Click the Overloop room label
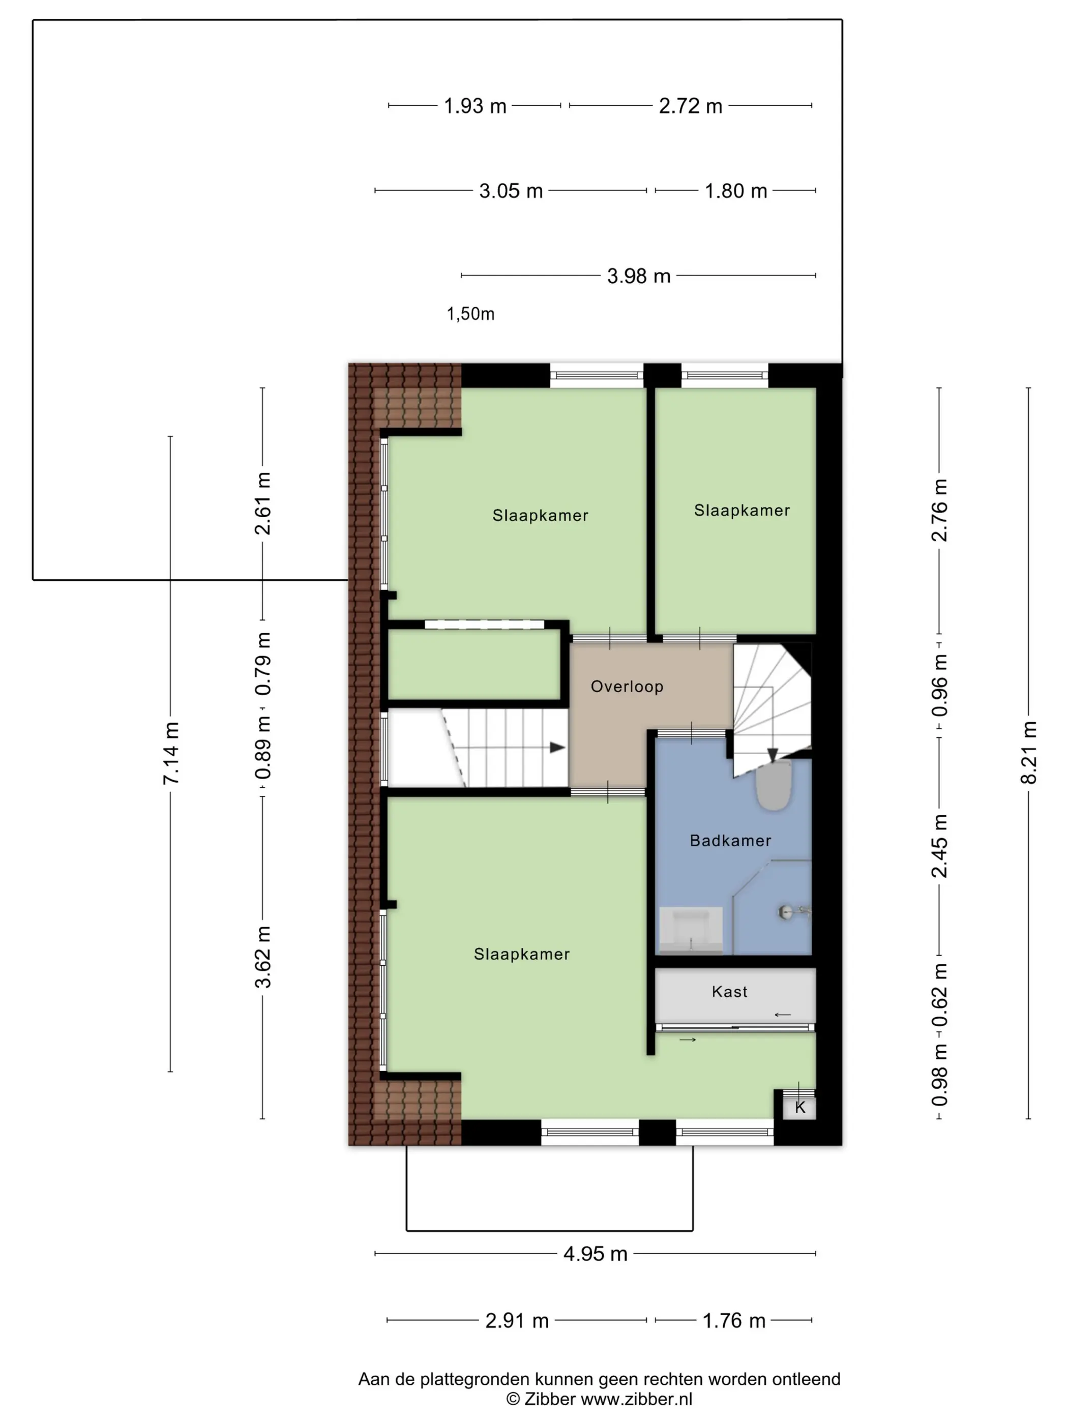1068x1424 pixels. click(x=627, y=686)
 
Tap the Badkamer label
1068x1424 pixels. click(x=730, y=840)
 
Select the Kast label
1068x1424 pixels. click(x=729, y=991)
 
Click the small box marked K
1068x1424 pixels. click(x=799, y=1107)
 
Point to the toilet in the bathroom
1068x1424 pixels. click(x=773, y=785)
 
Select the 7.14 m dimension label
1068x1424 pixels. click(x=170, y=753)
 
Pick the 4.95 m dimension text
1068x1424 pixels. click(x=595, y=1254)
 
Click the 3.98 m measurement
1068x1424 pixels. click(x=639, y=276)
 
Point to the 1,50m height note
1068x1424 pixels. click(x=470, y=314)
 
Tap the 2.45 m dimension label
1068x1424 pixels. click(x=939, y=846)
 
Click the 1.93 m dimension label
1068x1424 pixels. click(x=475, y=106)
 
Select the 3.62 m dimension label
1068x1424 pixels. click(x=262, y=957)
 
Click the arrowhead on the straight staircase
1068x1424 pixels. click(x=557, y=748)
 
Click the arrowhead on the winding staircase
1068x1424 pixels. click(x=773, y=755)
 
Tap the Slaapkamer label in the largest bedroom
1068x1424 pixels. click(x=521, y=954)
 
